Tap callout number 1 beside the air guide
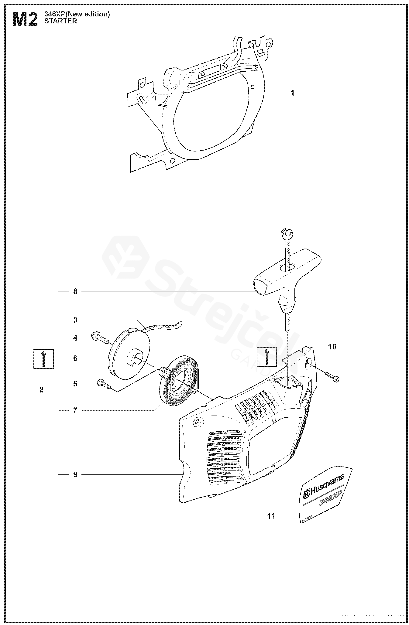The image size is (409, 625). point(292,93)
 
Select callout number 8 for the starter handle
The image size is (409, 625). point(75,291)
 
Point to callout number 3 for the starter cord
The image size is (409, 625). point(75,320)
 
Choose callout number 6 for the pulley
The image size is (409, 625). point(75,358)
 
